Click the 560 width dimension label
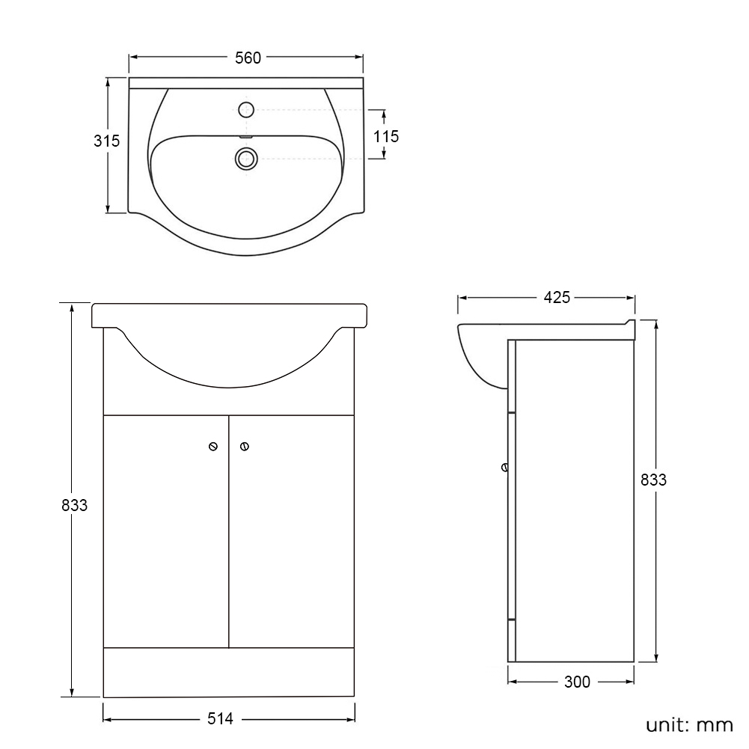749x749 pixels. pyautogui.click(x=248, y=58)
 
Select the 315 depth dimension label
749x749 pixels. pyautogui.click(x=106, y=141)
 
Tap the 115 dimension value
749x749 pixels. pyautogui.click(x=386, y=137)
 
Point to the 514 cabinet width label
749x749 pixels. pyautogui.click(x=220, y=718)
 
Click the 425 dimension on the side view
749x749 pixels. pyautogui.click(x=557, y=298)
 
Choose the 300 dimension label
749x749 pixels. pyautogui.click(x=577, y=682)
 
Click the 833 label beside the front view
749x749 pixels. pyautogui.click(x=75, y=505)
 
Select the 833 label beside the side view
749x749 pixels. pyautogui.click(x=653, y=480)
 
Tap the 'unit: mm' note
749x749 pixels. pyautogui.click(x=690, y=724)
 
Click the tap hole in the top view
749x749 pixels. pyautogui.click(x=246, y=110)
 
